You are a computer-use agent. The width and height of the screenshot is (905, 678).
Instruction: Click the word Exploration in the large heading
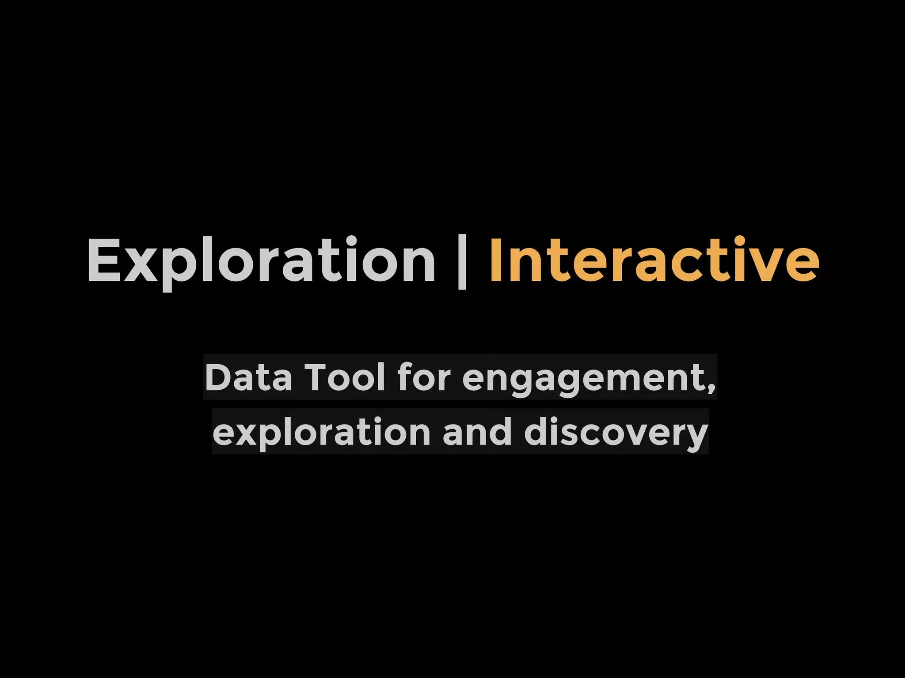coord(261,260)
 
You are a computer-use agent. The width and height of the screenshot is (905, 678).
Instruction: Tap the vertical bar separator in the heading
coord(462,263)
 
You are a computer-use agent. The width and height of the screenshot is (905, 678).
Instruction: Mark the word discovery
coord(616,433)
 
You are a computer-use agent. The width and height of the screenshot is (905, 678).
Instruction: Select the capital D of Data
coord(217,377)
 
